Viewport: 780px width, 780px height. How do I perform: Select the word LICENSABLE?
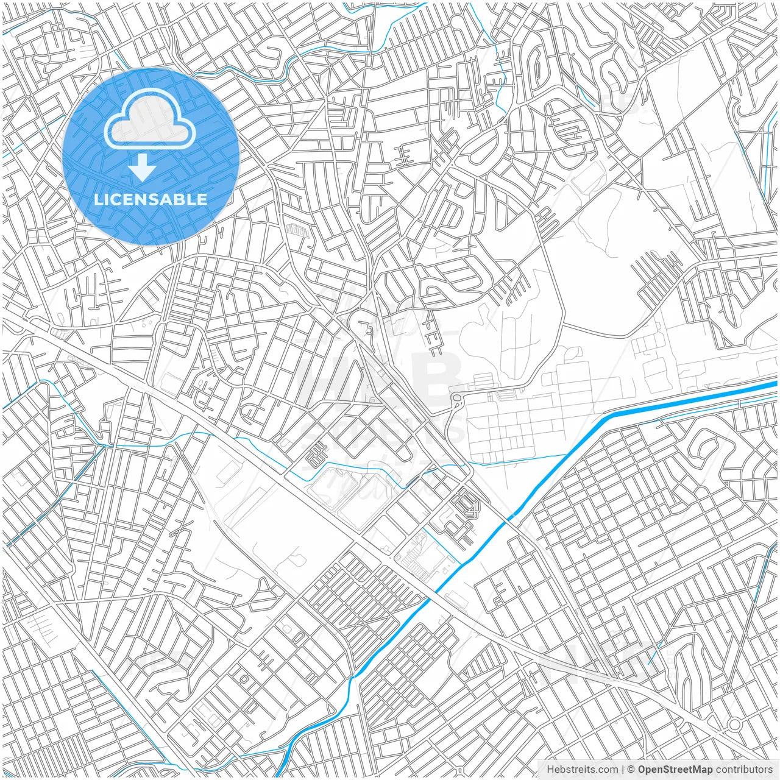[x=151, y=200]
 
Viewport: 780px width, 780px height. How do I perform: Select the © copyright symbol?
[x=631, y=770]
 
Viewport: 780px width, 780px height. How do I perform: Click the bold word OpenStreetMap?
[x=675, y=770]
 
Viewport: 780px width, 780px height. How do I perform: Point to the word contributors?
[x=744, y=770]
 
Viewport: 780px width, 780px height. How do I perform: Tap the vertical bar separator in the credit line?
[x=622, y=770]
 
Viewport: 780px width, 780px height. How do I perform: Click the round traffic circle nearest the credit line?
[x=734, y=725]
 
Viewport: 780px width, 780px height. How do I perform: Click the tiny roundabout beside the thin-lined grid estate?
[x=457, y=399]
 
